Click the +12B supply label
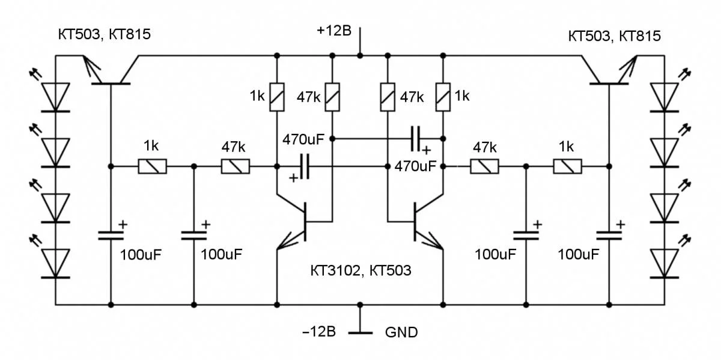(333, 31)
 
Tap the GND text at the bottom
(401, 332)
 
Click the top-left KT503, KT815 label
(104, 35)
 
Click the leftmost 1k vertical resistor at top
(277, 97)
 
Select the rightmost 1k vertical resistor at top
(443, 97)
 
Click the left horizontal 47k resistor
(236, 166)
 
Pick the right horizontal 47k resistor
(484, 166)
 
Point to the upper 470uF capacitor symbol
(415, 139)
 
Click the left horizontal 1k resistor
(153, 166)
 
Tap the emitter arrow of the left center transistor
(285, 243)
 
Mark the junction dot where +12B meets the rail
(360, 56)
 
